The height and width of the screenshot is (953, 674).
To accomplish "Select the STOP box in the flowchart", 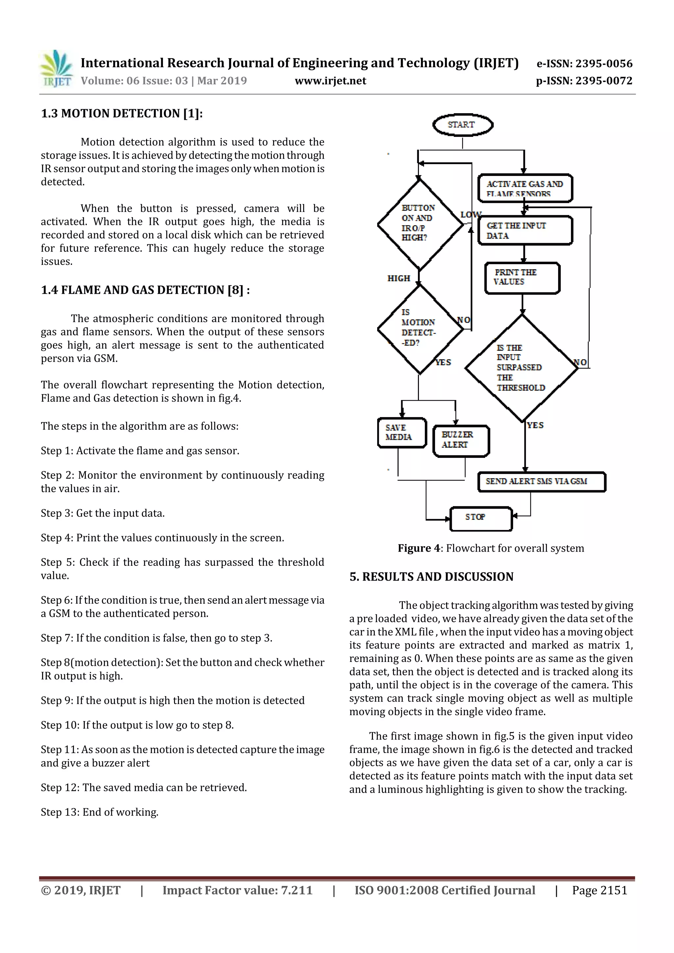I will click(x=481, y=518).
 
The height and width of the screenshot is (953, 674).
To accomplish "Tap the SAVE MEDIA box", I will click(x=402, y=433).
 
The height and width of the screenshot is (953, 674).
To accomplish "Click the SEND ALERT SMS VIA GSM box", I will click(x=541, y=482).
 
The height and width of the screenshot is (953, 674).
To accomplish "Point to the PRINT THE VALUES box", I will click(x=522, y=278).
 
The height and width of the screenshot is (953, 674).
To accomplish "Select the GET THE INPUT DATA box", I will click(x=525, y=230).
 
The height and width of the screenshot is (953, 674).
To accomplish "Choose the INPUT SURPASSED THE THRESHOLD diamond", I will click(x=522, y=368).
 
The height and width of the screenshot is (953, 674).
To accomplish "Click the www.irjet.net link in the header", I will click(x=330, y=81).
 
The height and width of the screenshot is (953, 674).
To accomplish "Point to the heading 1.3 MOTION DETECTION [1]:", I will click(x=122, y=113).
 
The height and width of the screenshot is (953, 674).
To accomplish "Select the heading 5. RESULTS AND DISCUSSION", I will click(x=431, y=577).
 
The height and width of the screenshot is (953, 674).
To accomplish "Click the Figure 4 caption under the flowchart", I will click(x=490, y=548).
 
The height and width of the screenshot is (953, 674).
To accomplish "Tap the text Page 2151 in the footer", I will click(x=599, y=890).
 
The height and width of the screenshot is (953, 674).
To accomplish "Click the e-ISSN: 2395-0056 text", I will click(x=584, y=63).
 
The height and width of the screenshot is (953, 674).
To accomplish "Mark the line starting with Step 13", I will click(x=100, y=812).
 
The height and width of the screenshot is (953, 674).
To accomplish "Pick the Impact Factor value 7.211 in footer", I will click(x=237, y=890).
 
